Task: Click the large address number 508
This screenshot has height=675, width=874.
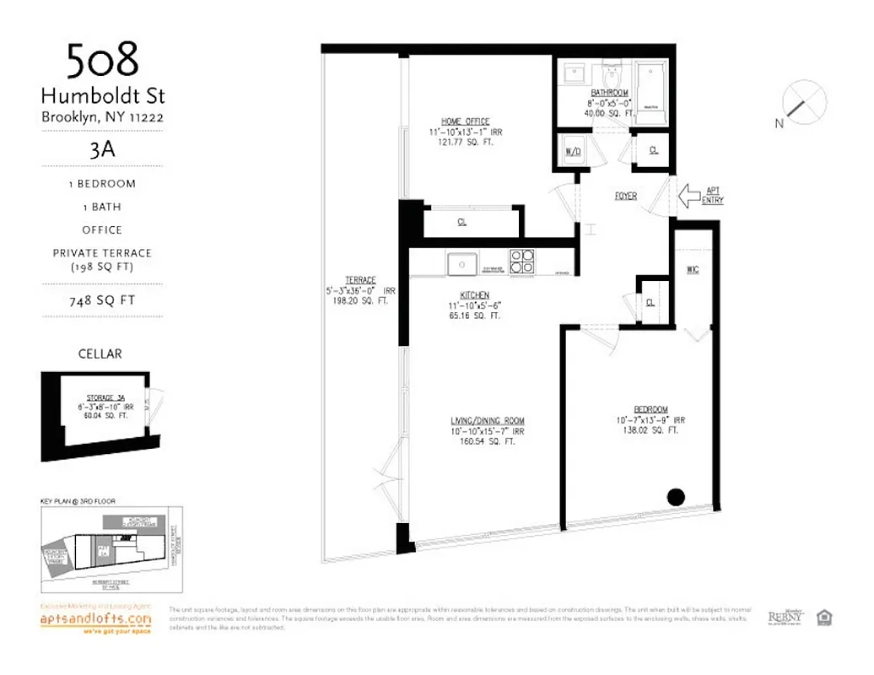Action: pos(102,62)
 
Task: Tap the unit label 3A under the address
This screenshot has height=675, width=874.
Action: pos(102,153)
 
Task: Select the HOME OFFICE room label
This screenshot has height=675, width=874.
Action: pos(465,121)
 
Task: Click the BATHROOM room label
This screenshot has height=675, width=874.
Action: pos(609,92)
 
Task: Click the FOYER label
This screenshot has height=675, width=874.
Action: pos(625,196)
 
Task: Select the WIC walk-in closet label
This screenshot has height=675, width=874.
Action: pos(693,270)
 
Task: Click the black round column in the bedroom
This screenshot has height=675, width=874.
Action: pos(676,497)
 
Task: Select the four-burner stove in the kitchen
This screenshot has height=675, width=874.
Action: pos(521,262)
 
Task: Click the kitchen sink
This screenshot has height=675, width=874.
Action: pos(462,263)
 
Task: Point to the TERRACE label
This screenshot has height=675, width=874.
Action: pos(359,280)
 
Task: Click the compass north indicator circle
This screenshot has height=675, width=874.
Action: pos(803,100)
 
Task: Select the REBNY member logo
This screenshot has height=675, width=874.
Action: pos(785,618)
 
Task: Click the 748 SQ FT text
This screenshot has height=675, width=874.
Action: pos(102,300)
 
